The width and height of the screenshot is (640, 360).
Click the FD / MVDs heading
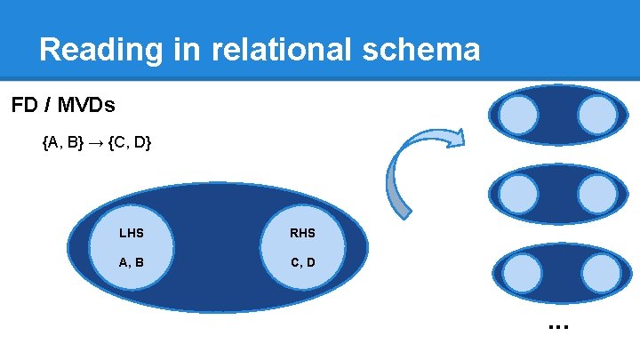pos(63,106)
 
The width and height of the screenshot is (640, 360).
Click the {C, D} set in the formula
pos(130,142)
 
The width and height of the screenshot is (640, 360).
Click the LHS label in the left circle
pos(131,234)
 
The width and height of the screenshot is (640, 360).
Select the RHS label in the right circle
pos(302,234)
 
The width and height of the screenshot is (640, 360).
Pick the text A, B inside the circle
pos(132,262)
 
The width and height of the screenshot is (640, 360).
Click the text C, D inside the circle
pos(302,262)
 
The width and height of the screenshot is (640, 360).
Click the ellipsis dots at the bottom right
pos(558,326)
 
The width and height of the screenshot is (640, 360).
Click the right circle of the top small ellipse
pos(596,115)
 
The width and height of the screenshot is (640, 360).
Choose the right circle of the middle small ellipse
pos(596,193)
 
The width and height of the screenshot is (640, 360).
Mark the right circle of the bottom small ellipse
pos(596,273)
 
